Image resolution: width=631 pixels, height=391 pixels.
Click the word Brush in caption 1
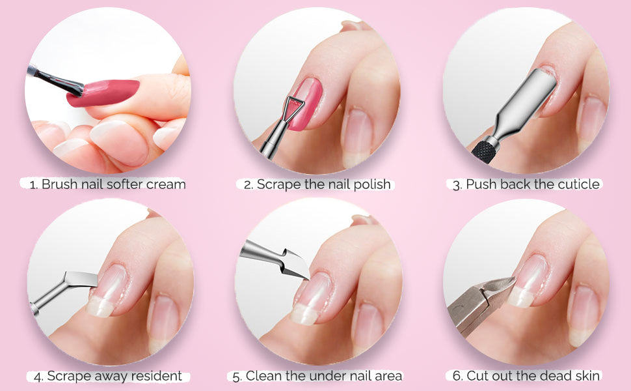tap(60, 184)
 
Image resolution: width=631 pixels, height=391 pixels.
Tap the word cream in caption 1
tap(166, 184)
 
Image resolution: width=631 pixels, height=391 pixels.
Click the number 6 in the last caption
tap(457, 376)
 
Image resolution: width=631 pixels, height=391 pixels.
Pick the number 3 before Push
tap(457, 185)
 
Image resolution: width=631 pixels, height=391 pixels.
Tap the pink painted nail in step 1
tap(103, 93)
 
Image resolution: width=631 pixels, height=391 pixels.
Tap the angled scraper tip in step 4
tap(82, 279)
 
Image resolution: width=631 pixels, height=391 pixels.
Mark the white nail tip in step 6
tap(521, 297)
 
